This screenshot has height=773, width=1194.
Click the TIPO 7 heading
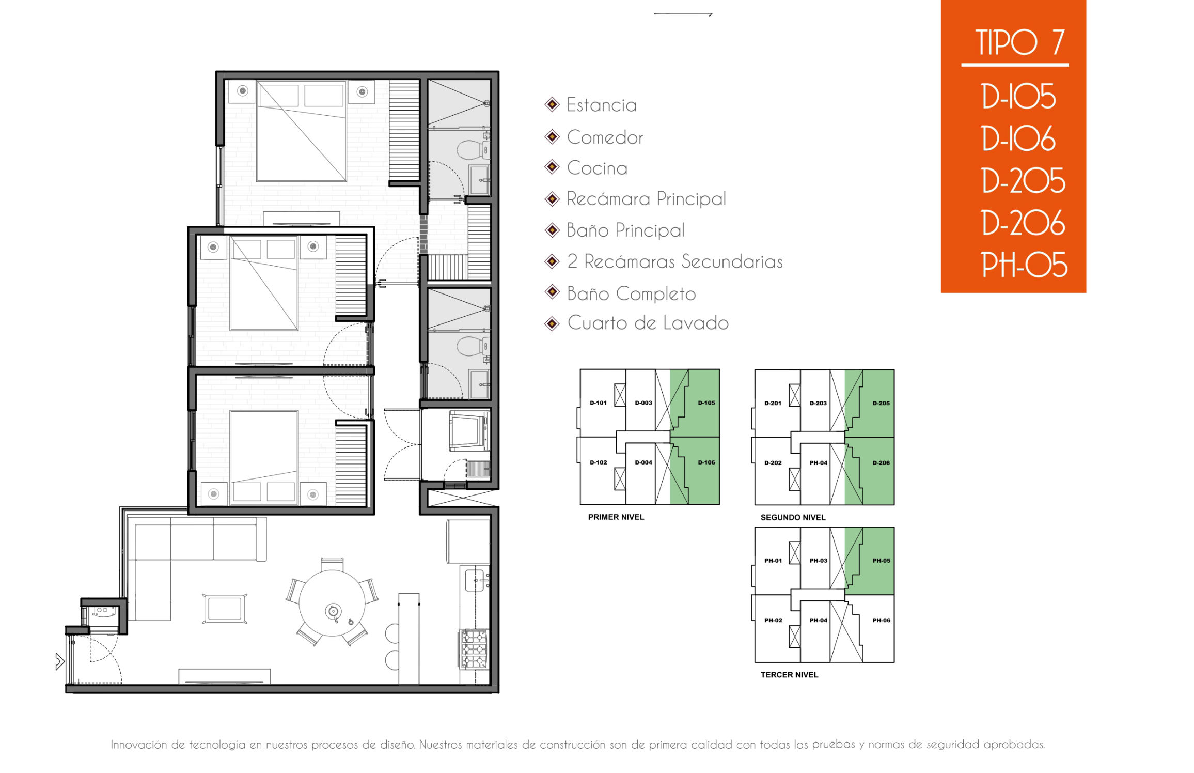(1019, 42)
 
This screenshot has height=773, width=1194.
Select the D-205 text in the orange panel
(1023, 180)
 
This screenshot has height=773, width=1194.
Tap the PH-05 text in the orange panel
(1024, 265)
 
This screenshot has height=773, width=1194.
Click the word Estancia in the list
(602, 105)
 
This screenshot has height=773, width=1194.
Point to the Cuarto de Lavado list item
(648, 323)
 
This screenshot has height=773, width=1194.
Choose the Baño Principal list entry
(626, 230)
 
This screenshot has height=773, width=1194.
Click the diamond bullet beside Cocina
(552, 167)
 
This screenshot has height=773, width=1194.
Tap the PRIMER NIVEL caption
(616, 517)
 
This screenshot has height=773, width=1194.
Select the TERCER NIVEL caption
(789, 674)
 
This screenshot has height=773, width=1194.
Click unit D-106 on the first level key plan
(706, 462)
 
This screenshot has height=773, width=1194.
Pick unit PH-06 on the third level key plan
(881, 620)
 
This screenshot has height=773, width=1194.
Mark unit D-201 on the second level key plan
(773, 403)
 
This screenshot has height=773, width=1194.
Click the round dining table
(332, 603)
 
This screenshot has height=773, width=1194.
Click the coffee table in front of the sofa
(225, 608)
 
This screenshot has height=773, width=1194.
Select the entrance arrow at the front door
(60, 661)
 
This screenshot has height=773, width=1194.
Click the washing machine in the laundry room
(469, 430)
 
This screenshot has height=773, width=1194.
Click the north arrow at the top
(683, 14)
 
